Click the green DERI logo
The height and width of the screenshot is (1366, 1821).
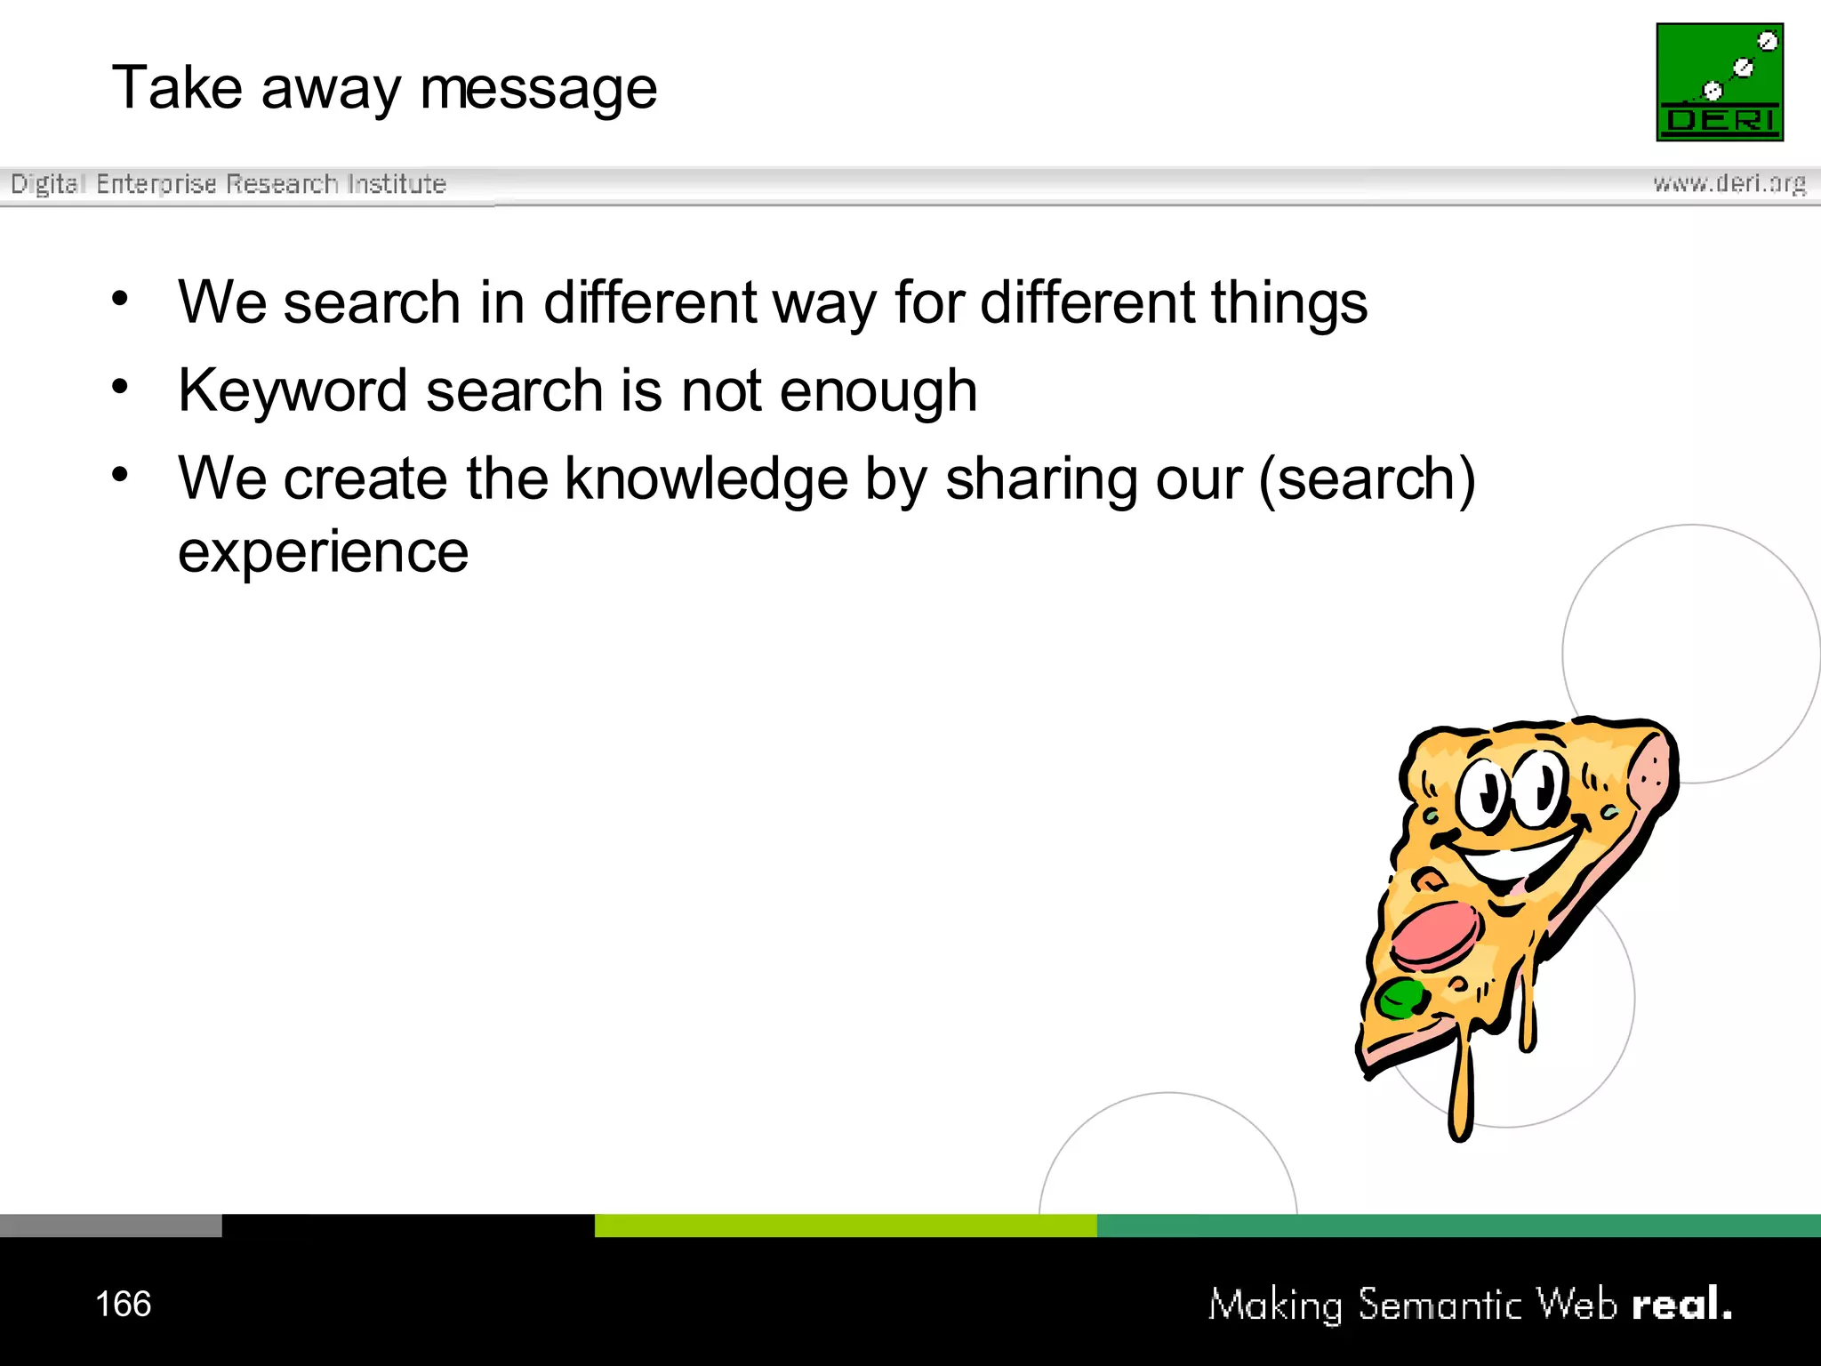click(x=1719, y=82)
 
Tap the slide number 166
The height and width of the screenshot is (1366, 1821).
click(x=123, y=1304)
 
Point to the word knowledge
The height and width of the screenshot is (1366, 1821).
click(x=706, y=479)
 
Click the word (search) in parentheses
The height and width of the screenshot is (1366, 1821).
click(x=1367, y=480)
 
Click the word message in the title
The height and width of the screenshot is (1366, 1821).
click(x=538, y=90)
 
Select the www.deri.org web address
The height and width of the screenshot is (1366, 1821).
click(x=1729, y=183)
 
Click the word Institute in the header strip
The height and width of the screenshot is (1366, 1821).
click(x=397, y=184)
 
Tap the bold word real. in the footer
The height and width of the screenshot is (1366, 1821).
click(x=1681, y=1304)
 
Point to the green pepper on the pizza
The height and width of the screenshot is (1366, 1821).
click(x=1400, y=997)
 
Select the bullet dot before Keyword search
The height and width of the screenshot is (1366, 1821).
click(x=120, y=386)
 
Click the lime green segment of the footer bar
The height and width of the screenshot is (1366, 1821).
click(x=845, y=1225)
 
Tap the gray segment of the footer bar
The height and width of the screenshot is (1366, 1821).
click(x=110, y=1225)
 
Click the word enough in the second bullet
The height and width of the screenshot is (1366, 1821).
click(x=878, y=391)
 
